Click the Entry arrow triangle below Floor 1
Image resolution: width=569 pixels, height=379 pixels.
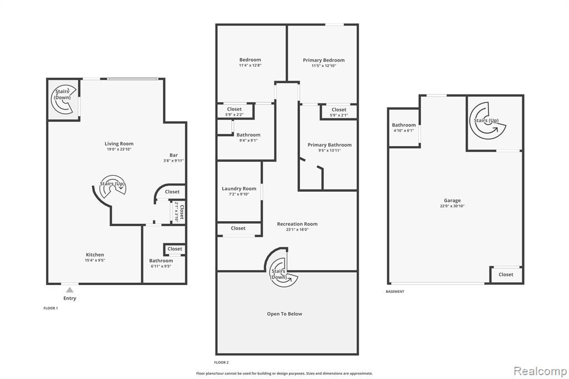(69, 290)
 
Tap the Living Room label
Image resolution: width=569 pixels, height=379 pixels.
(119, 144)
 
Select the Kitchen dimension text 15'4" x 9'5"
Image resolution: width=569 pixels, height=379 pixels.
(95, 260)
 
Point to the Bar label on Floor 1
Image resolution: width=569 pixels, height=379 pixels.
(174, 155)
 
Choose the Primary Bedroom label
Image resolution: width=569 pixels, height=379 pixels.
(324, 60)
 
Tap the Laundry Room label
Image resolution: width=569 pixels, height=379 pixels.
(239, 189)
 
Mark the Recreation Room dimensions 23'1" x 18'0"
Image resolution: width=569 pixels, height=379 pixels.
(297, 230)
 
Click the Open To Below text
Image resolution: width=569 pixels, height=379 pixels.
(284, 314)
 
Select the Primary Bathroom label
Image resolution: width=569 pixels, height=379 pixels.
(330, 145)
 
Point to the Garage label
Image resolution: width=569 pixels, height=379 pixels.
(452, 201)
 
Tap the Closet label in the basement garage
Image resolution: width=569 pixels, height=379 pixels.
(506, 275)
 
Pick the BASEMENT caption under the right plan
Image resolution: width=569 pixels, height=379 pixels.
(395, 292)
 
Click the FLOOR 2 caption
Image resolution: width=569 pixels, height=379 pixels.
(221, 362)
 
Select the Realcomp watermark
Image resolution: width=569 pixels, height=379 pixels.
(540, 371)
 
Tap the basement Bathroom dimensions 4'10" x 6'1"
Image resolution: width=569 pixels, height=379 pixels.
(403, 131)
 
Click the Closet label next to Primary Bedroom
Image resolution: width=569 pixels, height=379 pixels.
(339, 109)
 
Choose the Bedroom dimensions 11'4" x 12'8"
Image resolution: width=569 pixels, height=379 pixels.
(250, 66)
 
